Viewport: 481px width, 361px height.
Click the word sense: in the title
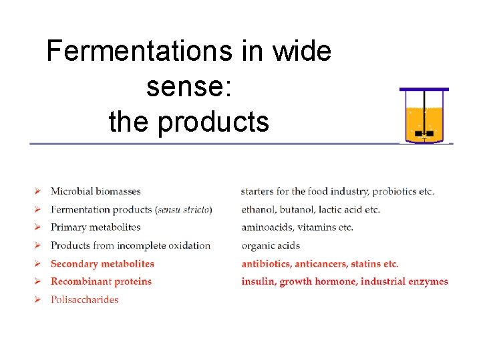click(189, 86)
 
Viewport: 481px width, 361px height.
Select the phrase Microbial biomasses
click(96, 192)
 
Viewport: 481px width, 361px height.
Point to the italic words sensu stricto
click(184, 210)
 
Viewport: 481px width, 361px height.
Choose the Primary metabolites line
click(96, 227)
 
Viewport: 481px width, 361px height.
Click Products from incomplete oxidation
click(130, 245)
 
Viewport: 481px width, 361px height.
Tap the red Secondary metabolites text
click(102, 264)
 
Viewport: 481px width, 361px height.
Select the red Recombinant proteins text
click(101, 281)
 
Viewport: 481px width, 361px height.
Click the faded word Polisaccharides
click(85, 299)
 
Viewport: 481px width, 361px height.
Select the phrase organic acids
click(271, 245)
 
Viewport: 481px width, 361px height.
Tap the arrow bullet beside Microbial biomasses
click(38, 192)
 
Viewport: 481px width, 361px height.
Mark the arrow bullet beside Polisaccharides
click(38, 299)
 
